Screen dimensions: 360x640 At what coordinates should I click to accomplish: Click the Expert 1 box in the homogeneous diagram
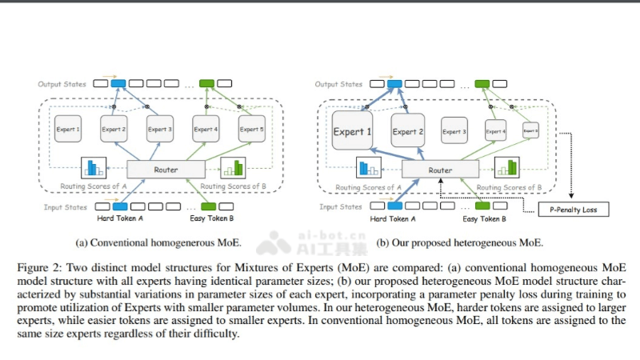(68, 130)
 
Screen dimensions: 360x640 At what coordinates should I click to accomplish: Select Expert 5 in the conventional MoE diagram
(251, 130)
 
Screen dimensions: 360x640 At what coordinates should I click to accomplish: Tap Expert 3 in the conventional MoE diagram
(160, 130)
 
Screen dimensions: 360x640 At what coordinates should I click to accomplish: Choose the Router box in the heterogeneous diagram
(440, 170)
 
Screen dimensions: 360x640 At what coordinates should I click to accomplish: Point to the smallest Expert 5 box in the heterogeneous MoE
(530, 130)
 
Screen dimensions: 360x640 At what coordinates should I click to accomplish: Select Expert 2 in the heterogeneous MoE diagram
(408, 131)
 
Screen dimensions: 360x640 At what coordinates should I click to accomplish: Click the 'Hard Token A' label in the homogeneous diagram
(120, 218)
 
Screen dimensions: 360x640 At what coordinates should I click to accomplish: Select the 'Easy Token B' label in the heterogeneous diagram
(482, 218)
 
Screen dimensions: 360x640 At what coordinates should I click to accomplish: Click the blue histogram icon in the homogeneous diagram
(94, 168)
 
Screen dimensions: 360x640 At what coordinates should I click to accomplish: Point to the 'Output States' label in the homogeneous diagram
(62, 83)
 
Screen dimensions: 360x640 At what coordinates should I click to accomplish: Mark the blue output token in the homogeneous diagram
(118, 83)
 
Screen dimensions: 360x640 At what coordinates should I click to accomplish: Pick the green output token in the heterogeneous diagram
(482, 83)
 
